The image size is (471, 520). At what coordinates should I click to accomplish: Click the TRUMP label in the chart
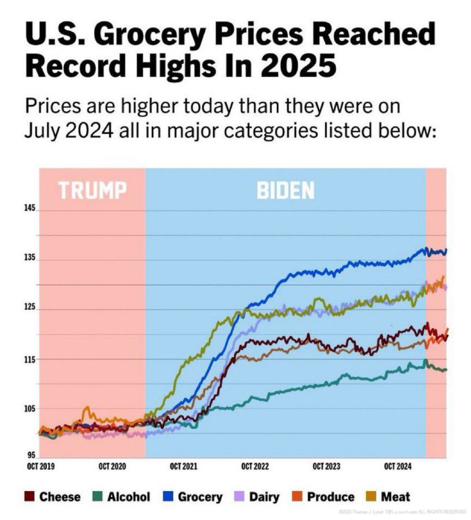pos(92,190)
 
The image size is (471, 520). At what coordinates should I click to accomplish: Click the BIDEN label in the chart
pos(285,190)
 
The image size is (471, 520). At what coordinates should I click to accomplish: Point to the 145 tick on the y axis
pos(30,208)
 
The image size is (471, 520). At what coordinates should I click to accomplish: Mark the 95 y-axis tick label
pos(31,455)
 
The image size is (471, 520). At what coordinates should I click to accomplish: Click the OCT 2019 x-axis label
pos(41,466)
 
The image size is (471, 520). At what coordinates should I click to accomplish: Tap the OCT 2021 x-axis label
pos(184,466)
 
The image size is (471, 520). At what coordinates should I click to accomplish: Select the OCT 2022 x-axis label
pos(255,466)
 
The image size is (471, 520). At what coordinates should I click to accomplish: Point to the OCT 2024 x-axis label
pos(397,466)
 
